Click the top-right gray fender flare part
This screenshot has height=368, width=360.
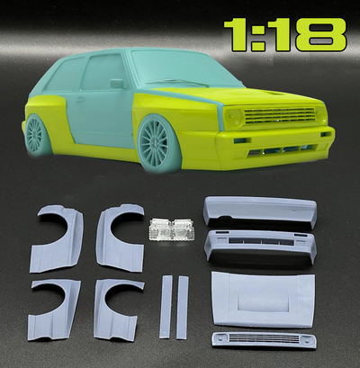pyautogui.click(x=119, y=234)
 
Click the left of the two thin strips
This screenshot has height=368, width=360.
pyautogui.click(x=164, y=306)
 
